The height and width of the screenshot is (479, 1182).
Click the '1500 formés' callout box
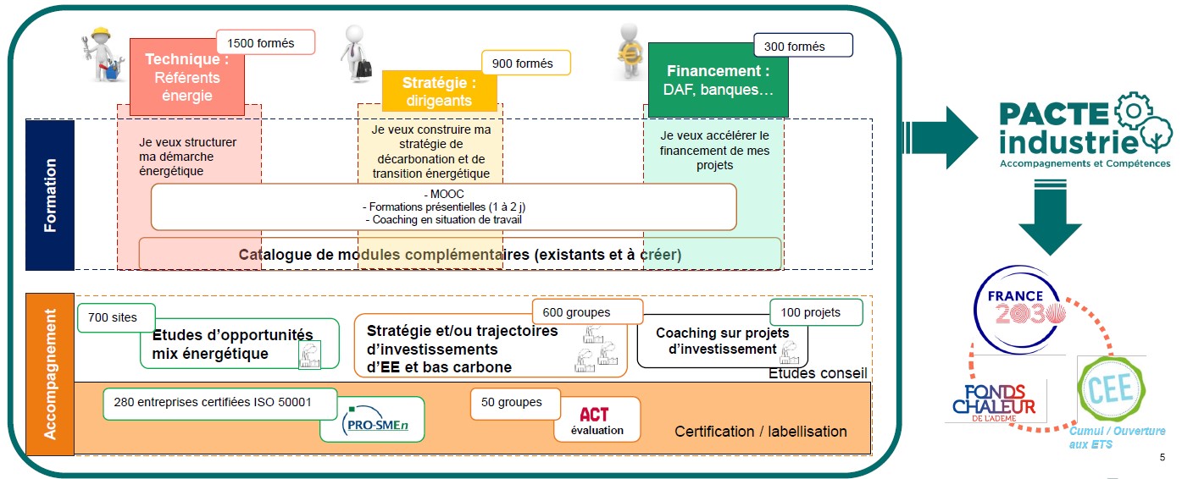point(265,42)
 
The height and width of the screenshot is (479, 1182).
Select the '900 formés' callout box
point(525,63)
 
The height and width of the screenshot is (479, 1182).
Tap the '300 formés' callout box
point(802,46)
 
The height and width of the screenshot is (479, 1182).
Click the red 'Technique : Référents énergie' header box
point(187,77)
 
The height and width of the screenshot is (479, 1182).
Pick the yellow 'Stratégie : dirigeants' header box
point(438,91)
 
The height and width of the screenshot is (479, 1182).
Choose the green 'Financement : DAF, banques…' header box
point(718,80)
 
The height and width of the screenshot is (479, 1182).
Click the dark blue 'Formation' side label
point(51,195)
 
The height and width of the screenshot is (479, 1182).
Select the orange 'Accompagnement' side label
point(51,373)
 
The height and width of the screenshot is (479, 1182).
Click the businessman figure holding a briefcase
point(357,55)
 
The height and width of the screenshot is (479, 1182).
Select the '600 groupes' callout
point(586,312)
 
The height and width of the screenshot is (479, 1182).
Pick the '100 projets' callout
point(815,312)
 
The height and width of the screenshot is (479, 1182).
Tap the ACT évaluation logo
point(597,420)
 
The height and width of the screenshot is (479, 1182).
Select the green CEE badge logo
point(1110,390)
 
